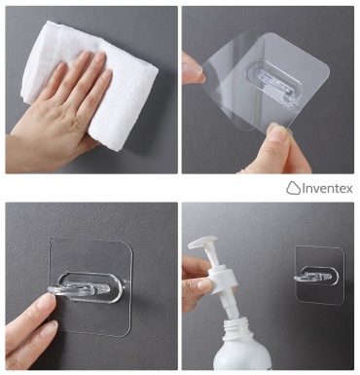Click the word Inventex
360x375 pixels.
point(328,189)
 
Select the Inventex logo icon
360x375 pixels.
point(293,188)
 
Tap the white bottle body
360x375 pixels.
point(241,353)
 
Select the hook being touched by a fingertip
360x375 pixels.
point(86,288)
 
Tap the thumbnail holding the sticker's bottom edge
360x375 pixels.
point(276,132)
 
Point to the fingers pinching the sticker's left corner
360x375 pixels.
point(192,68)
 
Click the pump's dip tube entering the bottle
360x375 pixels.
point(231,305)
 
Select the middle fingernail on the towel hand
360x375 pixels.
point(100,57)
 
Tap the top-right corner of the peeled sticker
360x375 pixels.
point(328,70)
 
